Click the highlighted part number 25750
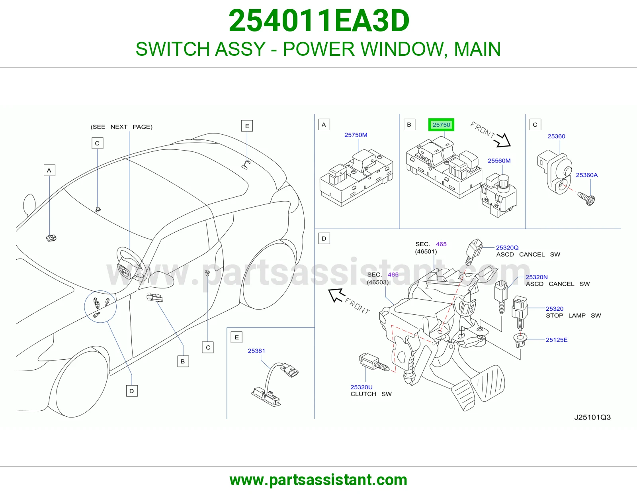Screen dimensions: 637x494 441,125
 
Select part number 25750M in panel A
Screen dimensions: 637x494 356,135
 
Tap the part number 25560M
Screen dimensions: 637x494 499,161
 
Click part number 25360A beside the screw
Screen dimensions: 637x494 586,175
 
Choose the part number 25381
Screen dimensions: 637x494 256,351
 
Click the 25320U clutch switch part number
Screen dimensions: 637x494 361,387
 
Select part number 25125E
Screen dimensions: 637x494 557,340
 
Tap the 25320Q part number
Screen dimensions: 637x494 507,247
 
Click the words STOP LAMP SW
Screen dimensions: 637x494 573,316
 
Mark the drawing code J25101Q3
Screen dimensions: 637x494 592,417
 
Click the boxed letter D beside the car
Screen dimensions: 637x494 132,391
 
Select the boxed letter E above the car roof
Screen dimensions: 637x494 247,126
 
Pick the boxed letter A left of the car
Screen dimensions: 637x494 49,170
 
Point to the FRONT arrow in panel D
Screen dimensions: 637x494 349,301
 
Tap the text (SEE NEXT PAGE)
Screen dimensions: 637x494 121,127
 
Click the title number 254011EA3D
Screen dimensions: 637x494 318,21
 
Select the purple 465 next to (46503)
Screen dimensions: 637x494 393,274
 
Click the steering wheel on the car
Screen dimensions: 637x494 129,263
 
